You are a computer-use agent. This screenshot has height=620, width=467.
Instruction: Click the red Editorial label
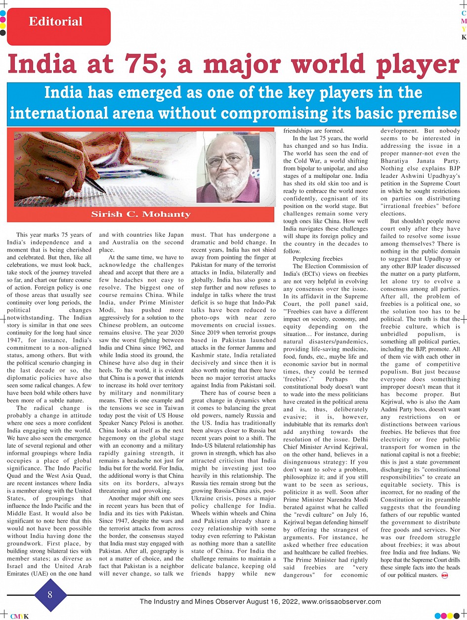point(55,22)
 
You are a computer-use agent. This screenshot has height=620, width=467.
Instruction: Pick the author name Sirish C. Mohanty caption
point(141,214)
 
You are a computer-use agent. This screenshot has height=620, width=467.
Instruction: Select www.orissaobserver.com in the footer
point(341,602)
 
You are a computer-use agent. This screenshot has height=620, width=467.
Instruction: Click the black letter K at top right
point(464,37)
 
